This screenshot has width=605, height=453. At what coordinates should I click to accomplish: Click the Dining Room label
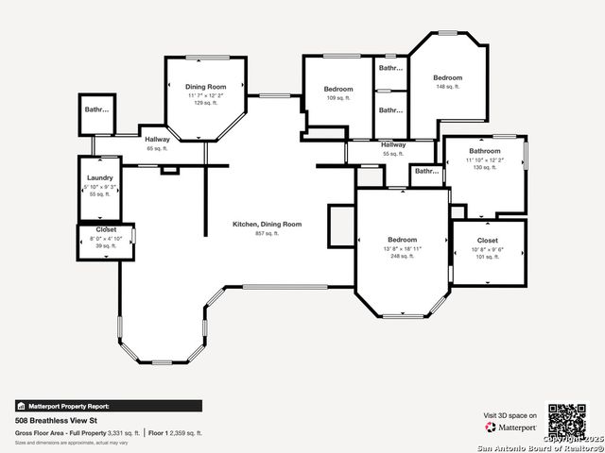(205, 87)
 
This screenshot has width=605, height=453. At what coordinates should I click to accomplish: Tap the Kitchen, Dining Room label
(268, 224)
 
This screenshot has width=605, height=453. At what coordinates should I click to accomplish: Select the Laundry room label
(100, 178)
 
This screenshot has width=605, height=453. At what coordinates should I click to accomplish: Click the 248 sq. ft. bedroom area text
(402, 256)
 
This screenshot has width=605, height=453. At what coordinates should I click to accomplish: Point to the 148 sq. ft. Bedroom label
(448, 77)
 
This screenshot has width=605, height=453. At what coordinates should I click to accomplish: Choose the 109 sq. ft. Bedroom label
(338, 89)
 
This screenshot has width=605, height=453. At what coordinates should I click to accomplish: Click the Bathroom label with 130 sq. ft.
(485, 151)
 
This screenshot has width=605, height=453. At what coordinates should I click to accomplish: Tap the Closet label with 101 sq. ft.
(488, 241)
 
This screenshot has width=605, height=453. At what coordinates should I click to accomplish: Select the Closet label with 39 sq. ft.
(106, 229)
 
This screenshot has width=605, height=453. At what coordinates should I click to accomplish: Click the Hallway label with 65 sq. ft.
(157, 140)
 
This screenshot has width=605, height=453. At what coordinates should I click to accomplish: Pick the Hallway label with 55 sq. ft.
(393, 144)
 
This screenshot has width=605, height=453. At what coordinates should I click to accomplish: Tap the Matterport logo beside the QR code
(510, 427)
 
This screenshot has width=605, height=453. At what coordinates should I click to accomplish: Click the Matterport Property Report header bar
(108, 406)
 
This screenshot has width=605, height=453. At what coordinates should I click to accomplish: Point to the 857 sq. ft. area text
(268, 233)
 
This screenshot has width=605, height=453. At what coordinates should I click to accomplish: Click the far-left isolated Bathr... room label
(96, 109)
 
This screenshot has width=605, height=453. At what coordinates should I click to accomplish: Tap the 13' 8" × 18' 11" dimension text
(402, 248)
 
